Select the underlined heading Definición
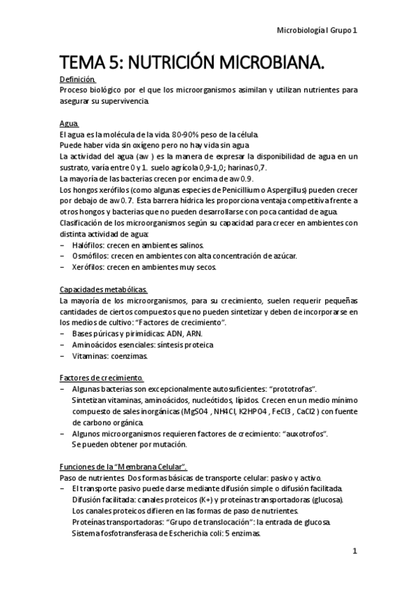tap(78, 79)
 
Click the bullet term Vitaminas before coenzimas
tap(90, 356)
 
